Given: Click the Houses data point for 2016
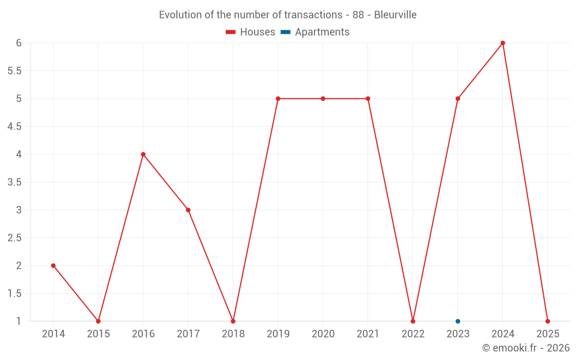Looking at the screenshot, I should tap(143, 154).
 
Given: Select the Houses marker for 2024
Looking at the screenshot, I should tap(503, 43).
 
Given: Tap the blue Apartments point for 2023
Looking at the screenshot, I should tap(458, 321).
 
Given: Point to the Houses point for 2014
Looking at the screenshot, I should tap(54, 266).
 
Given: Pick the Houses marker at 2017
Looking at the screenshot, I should tap(188, 210).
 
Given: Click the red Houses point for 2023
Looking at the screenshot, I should tap(458, 98).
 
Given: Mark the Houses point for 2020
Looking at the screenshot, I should tap(323, 98).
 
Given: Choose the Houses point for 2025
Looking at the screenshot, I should tap(548, 321).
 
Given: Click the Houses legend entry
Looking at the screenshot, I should tap(251, 32).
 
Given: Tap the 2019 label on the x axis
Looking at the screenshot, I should tap(278, 334).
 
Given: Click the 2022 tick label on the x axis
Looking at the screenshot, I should tap(413, 334).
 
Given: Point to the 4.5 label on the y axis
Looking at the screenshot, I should tap(14, 127).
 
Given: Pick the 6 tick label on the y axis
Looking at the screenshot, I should tap(19, 43).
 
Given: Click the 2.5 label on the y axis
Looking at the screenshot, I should tap(14, 238).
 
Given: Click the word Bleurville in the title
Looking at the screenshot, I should tap(395, 15).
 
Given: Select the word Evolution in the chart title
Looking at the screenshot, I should tap(180, 15).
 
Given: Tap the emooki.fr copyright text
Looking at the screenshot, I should tap(526, 348).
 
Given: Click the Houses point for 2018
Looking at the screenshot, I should tap(233, 321).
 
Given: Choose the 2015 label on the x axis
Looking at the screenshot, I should tap(98, 334).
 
